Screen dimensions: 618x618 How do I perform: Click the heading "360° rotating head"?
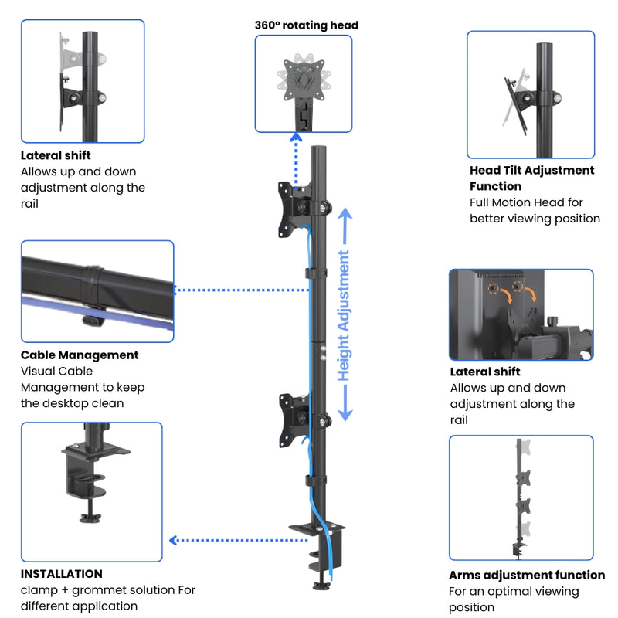click(307, 25)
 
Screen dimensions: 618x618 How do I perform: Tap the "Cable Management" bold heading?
click(80, 355)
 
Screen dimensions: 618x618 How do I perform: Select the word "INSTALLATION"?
click(62, 574)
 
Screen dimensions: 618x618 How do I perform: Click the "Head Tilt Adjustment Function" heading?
click(531, 178)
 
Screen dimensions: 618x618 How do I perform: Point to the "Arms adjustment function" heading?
click(527, 575)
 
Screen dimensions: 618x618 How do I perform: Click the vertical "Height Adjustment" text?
click(344, 315)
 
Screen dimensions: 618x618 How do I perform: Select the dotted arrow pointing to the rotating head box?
click(295, 158)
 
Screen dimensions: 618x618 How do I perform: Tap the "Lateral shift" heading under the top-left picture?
click(56, 156)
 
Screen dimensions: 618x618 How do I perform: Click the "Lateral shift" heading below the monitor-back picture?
click(485, 372)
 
